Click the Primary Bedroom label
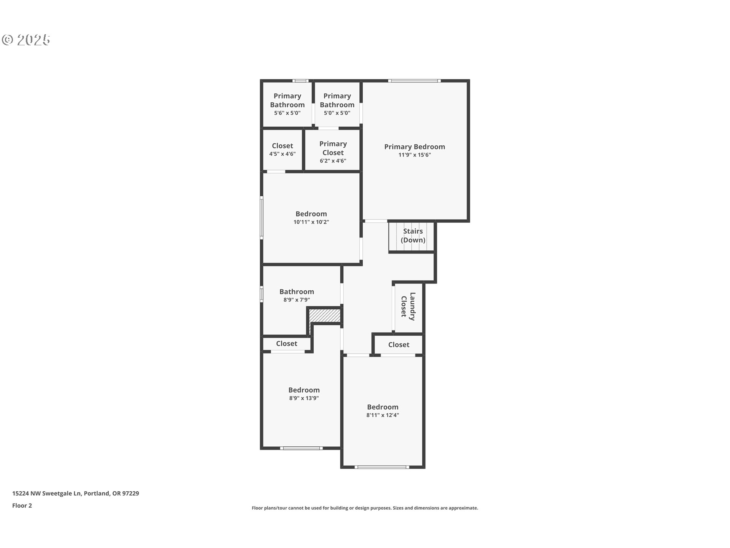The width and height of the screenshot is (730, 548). [414, 147]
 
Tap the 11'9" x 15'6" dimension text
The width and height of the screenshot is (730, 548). [414, 155]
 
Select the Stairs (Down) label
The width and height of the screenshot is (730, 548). [413, 236]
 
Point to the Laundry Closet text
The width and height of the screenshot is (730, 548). [408, 306]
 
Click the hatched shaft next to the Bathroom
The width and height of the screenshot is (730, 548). [324, 315]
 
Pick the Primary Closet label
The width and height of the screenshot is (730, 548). [333, 148]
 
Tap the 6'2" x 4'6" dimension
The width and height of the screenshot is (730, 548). [333, 161]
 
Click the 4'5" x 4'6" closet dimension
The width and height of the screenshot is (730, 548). [282, 154]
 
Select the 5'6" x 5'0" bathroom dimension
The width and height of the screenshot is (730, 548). [287, 113]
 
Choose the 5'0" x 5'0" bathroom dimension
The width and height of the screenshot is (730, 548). [337, 113]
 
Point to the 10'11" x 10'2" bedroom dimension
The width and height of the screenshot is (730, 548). [311, 222]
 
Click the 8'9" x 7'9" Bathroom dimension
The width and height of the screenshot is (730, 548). [297, 300]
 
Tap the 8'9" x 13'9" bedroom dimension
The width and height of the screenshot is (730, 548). [304, 398]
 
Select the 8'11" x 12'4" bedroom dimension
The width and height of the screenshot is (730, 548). [383, 415]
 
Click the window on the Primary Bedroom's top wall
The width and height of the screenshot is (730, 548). [414, 81]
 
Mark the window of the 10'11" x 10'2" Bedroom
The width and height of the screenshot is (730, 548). [262, 218]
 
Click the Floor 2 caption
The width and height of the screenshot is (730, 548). [22, 506]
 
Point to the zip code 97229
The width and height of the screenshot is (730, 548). [130, 494]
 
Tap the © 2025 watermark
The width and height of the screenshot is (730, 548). [26, 40]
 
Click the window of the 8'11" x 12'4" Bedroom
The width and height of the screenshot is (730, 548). [382, 467]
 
